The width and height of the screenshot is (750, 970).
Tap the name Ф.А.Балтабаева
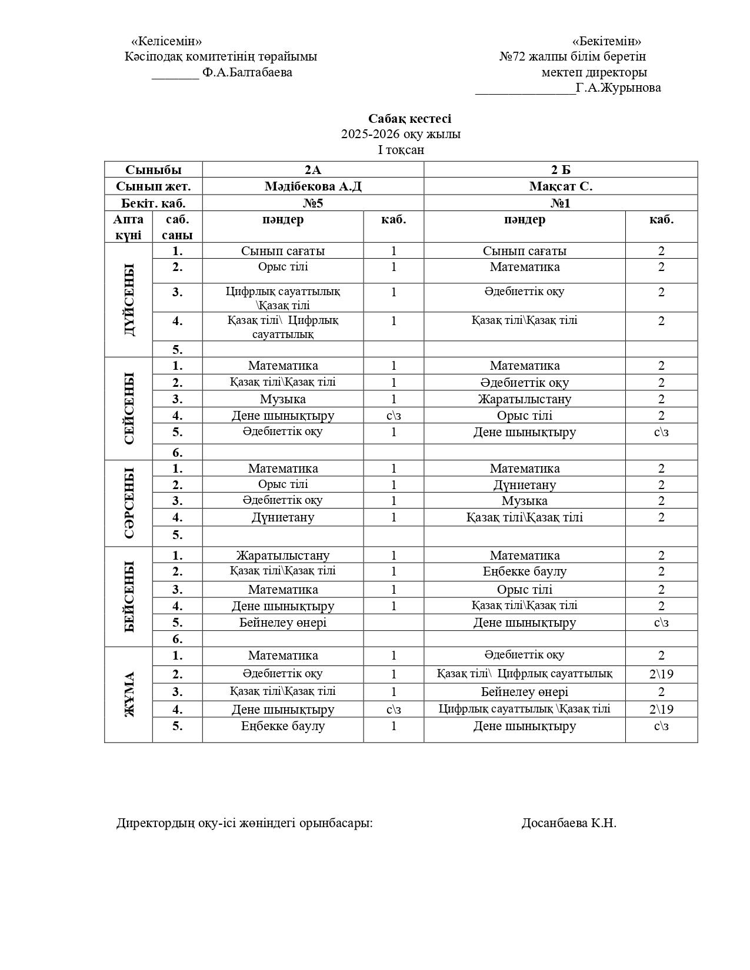[246, 72]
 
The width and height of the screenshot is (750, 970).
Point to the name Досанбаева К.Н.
[568, 823]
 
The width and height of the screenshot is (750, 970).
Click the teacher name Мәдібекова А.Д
[313, 186]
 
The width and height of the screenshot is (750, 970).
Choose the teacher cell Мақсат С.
[561, 186]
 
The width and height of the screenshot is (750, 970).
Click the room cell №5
[313, 203]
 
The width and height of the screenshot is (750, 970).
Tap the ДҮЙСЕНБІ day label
[129, 300]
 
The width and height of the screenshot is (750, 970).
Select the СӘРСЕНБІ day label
[129, 503]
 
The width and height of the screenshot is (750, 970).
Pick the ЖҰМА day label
[129, 694]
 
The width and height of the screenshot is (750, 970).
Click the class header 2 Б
[561, 170]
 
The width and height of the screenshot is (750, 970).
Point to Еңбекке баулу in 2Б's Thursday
[524, 571]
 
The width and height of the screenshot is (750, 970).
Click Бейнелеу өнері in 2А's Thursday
[283, 623]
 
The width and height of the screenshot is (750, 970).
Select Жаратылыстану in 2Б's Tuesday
[524, 399]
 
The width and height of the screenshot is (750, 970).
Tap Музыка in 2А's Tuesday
[283, 399]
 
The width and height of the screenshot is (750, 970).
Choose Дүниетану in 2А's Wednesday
[283, 517]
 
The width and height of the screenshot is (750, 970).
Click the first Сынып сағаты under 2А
[283, 251]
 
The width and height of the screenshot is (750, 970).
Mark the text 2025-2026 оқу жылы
[401, 134]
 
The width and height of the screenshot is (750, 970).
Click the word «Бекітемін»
[606, 41]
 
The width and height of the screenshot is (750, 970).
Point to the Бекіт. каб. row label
[154, 203]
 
